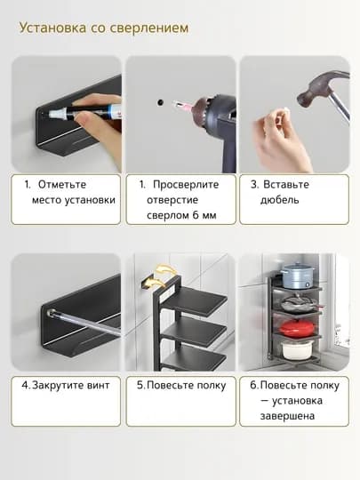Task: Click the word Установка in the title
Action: pos(52,28)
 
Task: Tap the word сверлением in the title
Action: pos(149,28)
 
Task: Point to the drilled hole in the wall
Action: pos(160,102)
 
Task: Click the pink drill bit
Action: pos(182,105)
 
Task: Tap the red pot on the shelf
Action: pos(297,328)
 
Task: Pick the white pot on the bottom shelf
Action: pos(297,349)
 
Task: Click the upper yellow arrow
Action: pos(166,270)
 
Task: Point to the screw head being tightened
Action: pos(51,313)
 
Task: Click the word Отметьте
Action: pos(62,185)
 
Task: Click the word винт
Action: pos(99,385)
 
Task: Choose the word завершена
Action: pos(287,416)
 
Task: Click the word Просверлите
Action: pos(186,185)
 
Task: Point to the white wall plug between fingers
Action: pos(284,112)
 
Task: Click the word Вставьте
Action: pos(286,185)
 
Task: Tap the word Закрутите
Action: pos(58,386)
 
